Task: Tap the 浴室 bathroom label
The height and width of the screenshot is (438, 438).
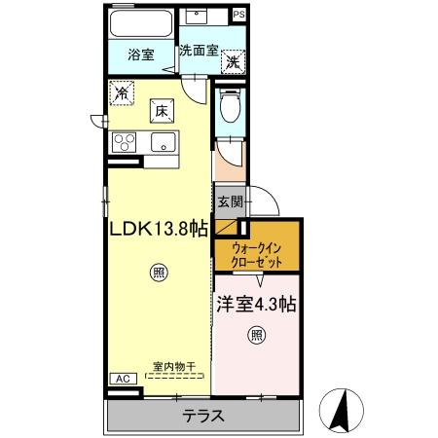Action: (141, 55)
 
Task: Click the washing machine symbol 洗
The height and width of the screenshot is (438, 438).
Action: (234, 63)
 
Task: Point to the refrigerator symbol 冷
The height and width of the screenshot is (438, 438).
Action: (122, 94)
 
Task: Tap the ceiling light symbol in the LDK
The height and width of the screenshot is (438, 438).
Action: (158, 274)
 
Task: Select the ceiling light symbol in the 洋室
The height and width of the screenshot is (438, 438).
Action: (256, 337)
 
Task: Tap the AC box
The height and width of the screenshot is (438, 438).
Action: (123, 378)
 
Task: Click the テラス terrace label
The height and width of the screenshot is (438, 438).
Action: (203, 416)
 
